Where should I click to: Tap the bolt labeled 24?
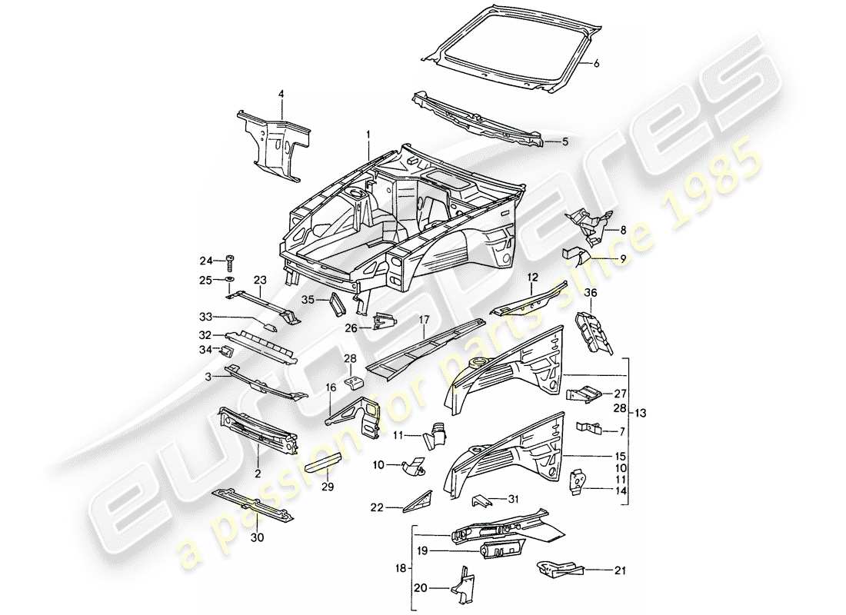point(231,261)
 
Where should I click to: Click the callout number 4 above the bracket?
point(281,94)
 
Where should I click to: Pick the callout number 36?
point(589,293)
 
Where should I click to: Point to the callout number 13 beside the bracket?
point(641,413)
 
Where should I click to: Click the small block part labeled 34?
point(228,352)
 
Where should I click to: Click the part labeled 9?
point(577,254)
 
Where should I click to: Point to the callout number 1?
point(368,134)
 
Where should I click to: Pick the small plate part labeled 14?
point(577,480)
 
